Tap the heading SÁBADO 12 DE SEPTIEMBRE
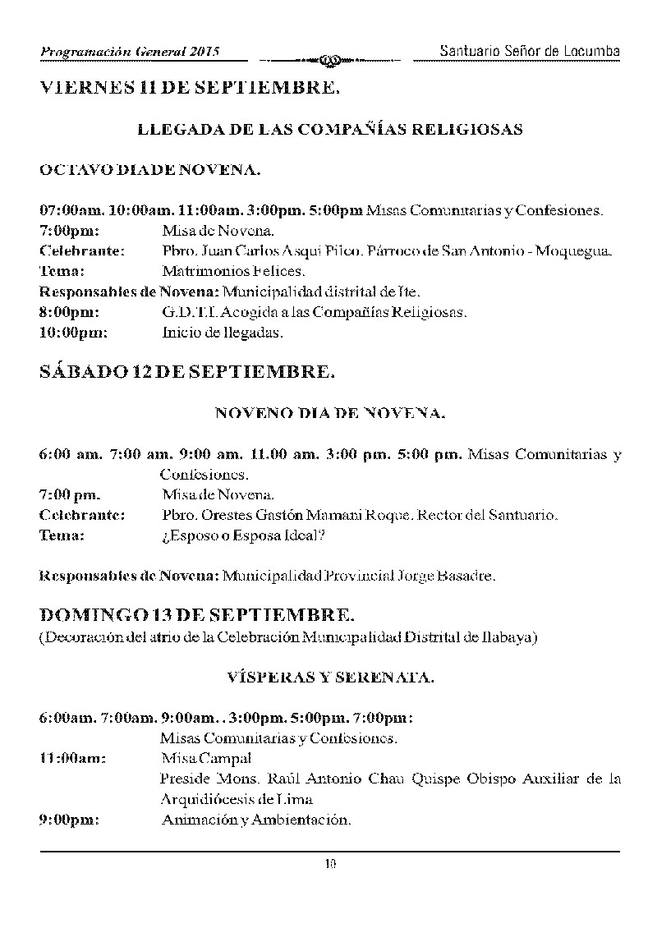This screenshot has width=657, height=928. [x=187, y=372]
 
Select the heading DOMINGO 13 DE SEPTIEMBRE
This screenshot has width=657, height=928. [x=198, y=615]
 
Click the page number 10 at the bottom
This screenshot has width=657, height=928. [x=330, y=862]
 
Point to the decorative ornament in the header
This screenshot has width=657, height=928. [x=328, y=59]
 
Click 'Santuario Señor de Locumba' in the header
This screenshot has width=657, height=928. [x=529, y=51]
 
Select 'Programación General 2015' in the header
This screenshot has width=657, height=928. [x=131, y=52]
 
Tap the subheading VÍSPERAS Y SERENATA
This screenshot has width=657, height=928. [x=330, y=678]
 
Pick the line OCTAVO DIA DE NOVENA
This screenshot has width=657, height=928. [x=150, y=171]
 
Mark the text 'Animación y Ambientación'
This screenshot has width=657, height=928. [x=256, y=820]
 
